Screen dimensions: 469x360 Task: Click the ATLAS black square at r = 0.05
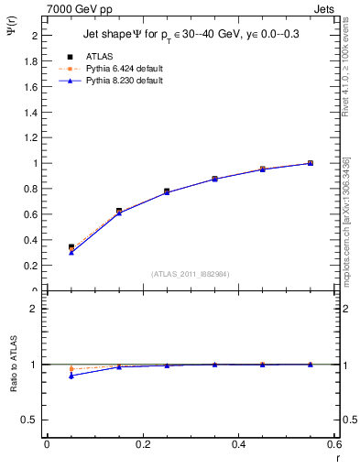click(71, 247)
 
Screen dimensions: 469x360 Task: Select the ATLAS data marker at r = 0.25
click(167, 191)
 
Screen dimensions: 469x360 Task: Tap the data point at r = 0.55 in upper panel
click(310, 163)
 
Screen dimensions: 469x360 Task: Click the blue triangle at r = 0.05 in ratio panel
click(71, 376)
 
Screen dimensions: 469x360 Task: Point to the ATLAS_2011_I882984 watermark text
click(191, 273)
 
